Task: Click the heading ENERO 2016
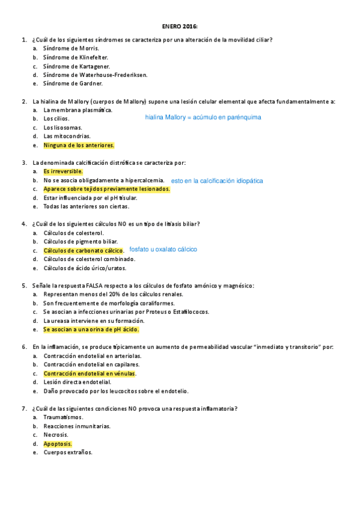[180, 26]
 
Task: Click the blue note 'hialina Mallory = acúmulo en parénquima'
[203, 117]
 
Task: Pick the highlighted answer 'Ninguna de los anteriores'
[79, 145]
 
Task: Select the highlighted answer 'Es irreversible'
[63, 171]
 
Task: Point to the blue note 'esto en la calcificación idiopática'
[216, 180]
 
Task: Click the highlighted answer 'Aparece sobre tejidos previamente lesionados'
[106, 189]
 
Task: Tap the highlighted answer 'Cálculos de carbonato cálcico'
[83, 250]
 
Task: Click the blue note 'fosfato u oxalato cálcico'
[163, 249]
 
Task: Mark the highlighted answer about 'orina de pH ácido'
[91, 330]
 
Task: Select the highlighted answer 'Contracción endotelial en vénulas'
[90, 373]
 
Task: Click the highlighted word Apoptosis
[57, 444]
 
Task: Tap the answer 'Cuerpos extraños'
[67, 452]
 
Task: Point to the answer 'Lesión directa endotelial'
[77, 382]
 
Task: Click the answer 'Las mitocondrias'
[67, 137]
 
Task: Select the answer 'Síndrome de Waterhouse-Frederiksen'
[95, 75]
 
